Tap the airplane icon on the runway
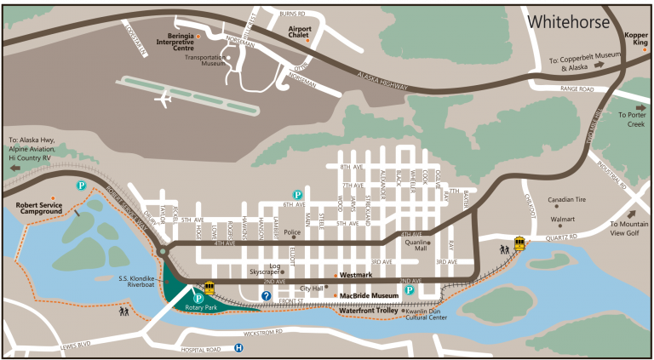pos(163,100)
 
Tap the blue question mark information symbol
pos(266,295)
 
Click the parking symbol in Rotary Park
pos(198,298)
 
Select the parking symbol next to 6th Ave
pos(297,195)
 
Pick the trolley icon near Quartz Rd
pos(519,243)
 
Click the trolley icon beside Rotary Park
pos(209,288)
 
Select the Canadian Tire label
pos(571,201)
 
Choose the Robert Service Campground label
pos(43,209)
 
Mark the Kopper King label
pos(636,39)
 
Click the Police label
pos(293,231)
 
